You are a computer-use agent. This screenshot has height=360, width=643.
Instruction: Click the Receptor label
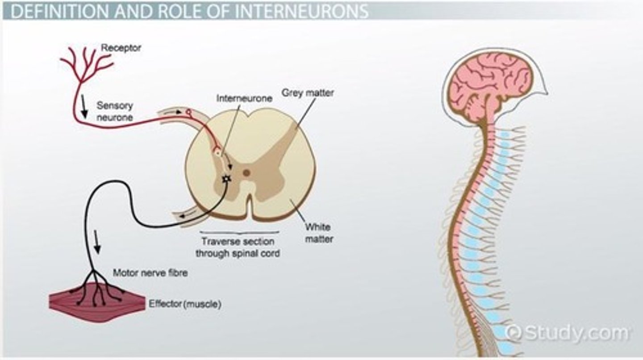point(121,48)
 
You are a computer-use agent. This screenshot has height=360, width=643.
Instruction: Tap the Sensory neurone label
point(115,112)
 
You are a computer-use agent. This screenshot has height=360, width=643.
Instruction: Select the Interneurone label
point(244,99)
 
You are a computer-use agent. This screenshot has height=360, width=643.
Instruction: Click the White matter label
point(319,233)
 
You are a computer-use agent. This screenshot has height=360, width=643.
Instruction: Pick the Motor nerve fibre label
point(150,273)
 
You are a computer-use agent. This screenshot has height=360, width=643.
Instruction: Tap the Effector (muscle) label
point(185,305)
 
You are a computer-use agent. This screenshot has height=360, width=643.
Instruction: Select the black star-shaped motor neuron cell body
point(227,179)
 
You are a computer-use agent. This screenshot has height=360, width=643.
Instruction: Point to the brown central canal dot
point(246,172)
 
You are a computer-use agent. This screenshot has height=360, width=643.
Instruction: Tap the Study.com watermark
point(567,333)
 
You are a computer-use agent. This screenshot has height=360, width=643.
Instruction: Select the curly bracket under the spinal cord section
point(240,233)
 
